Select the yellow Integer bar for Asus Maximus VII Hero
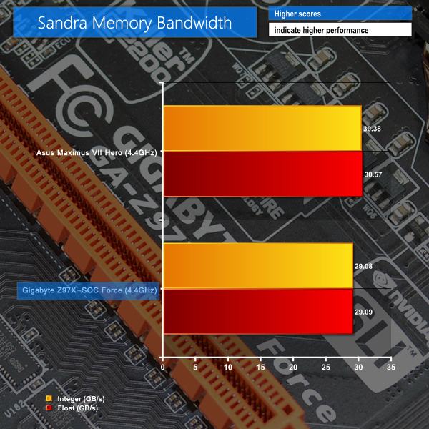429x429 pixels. pyautogui.click(x=262, y=128)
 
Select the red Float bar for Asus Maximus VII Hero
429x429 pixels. pyautogui.click(x=262, y=174)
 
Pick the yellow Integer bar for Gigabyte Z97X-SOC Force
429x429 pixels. pyautogui.click(x=258, y=266)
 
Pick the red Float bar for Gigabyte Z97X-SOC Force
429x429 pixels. pyautogui.click(x=258, y=311)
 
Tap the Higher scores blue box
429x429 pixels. pyautogui.click(x=340, y=14)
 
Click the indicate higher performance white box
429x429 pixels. pyautogui.click(x=340, y=30)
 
